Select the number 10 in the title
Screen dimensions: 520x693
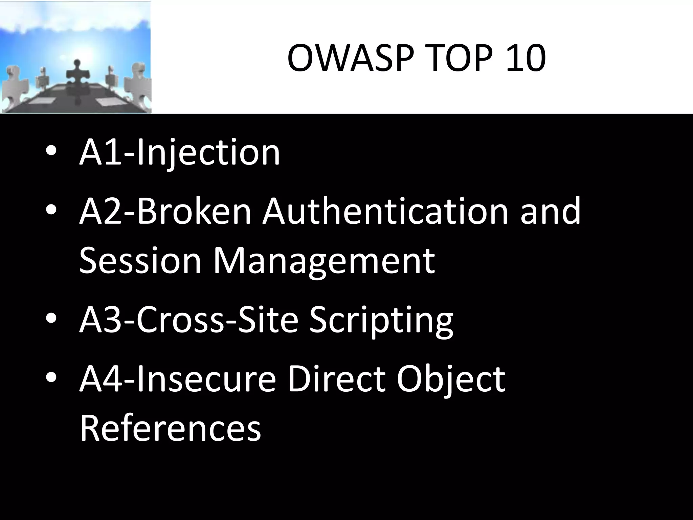[526, 59]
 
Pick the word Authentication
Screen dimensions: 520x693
[386, 212]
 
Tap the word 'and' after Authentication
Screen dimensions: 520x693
[551, 212]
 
